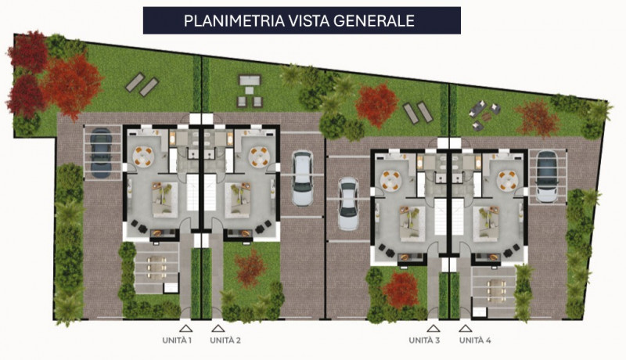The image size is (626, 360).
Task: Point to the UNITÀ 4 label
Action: [x=477, y=340]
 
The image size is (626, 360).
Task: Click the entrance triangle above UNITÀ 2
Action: [x=217, y=329]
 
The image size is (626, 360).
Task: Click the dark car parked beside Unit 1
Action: [x=100, y=152]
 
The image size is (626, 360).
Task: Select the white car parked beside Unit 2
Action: [x=302, y=178]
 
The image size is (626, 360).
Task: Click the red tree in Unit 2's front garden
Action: [x=250, y=266]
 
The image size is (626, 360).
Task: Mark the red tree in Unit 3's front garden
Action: [x=402, y=288]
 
